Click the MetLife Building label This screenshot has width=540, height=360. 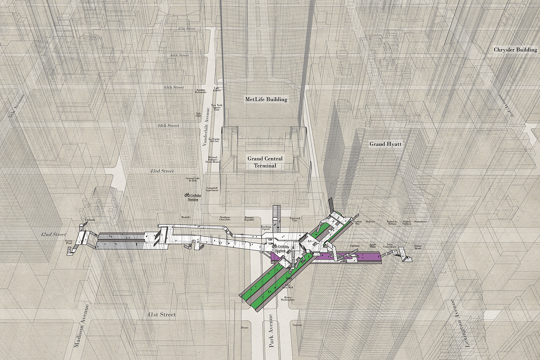coord(266,99)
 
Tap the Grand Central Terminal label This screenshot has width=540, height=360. coord(265,162)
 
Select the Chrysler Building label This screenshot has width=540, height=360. coord(515,50)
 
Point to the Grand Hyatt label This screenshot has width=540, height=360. coord(385,144)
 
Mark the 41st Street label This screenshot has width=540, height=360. coord(161,315)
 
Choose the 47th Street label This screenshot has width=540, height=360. coord(186,28)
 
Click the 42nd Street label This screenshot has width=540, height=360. coord(53,234)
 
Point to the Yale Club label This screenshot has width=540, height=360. coord(198,114)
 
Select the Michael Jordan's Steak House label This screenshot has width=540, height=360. coord(212,159)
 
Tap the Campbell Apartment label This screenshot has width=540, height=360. coord(212,189)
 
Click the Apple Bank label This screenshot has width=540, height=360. coord(373,246)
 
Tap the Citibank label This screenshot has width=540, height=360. coord(90,220)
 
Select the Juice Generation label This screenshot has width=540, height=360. coord(389,246)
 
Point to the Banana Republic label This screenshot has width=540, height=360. coord(249,219)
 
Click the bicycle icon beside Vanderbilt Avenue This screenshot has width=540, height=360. coord(187,195)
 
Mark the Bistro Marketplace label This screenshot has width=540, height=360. coord(288,298)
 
